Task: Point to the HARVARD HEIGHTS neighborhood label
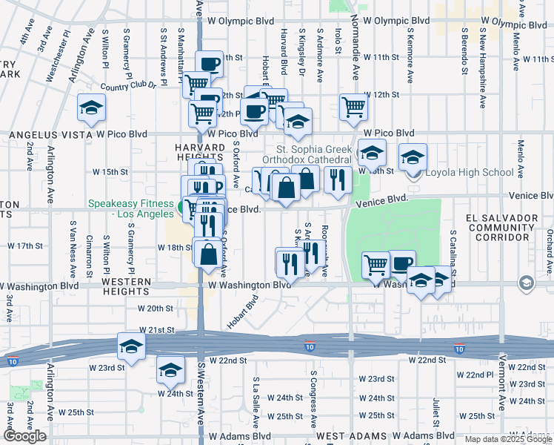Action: (x=199, y=153)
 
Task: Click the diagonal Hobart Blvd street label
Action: (x=242, y=314)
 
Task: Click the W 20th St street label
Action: (x=156, y=308)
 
